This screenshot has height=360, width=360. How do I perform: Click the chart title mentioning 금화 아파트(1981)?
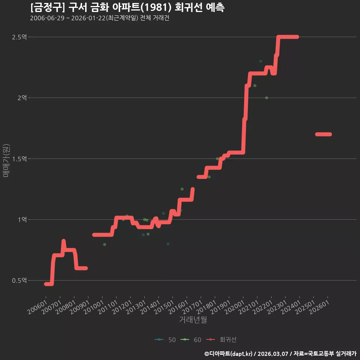[127, 7]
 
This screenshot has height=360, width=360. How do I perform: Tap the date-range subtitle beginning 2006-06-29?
[100, 18]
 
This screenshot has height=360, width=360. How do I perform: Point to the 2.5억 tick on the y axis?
[19, 37]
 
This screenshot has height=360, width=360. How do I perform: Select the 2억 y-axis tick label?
[22, 98]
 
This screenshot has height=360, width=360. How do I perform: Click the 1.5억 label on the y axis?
[19, 159]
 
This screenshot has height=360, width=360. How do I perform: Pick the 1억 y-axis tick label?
[22, 220]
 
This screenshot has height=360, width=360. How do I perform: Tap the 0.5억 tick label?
[19, 280]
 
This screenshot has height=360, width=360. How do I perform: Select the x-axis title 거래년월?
[193, 319]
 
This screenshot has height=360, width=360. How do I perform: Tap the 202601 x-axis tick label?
[319, 307]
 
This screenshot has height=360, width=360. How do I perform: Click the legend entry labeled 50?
[165, 340]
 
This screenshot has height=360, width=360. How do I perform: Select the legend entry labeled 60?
[191, 340]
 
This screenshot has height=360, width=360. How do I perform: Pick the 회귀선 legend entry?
[221, 340]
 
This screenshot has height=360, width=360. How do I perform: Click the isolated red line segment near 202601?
[324, 134]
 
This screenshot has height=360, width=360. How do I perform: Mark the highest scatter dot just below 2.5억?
[261, 61]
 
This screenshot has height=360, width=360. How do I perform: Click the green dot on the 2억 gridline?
[267, 98]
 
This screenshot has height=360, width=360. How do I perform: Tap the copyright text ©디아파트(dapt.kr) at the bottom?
[229, 354]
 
